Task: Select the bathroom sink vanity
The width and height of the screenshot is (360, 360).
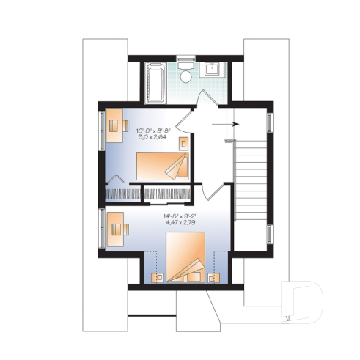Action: click(x=214, y=71)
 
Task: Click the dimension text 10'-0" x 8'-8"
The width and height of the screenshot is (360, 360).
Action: click(x=153, y=129)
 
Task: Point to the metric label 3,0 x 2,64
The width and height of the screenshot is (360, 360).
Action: click(x=153, y=136)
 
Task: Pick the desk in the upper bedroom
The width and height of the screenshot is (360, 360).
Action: click(x=114, y=122)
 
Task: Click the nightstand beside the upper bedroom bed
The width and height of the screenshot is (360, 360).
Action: click(x=183, y=142)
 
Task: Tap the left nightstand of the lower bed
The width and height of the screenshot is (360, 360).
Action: click(x=156, y=278)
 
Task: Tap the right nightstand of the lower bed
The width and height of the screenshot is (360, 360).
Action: click(x=213, y=278)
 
